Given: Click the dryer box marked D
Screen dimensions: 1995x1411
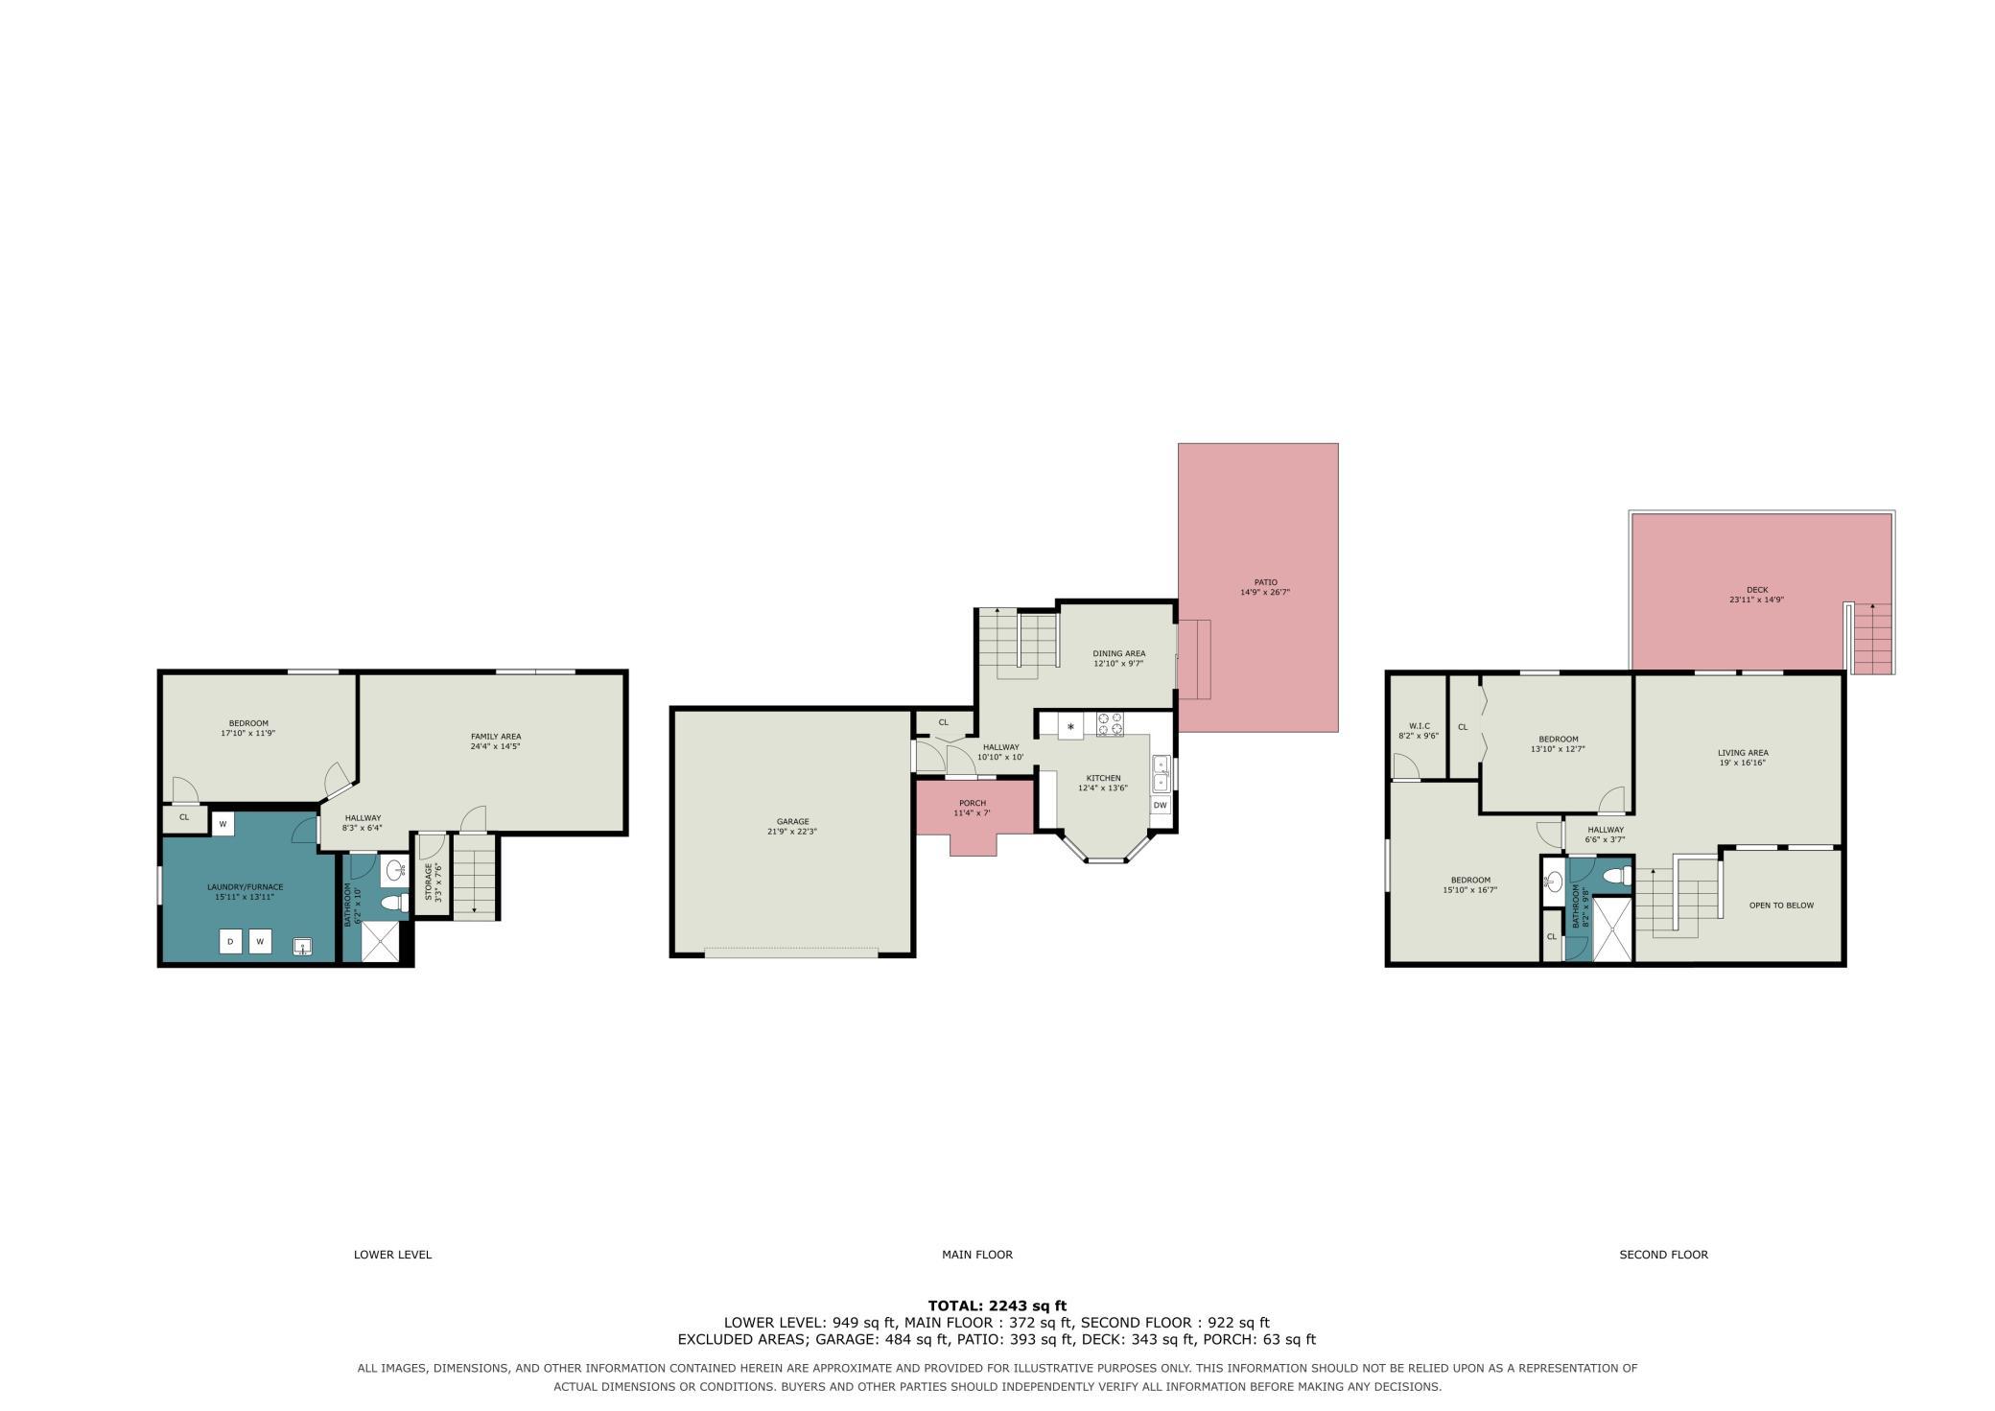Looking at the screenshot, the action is click(x=230, y=942).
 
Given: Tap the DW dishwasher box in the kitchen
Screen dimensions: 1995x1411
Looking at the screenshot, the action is click(x=1161, y=805).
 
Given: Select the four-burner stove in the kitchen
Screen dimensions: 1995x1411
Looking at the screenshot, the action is click(x=1110, y=724).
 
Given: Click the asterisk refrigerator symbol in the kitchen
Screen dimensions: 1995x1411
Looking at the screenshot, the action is click(x=1070, y=726).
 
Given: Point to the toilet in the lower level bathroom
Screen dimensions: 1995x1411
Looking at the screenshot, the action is click(x=392, y=903).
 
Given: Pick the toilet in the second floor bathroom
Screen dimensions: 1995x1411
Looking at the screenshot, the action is click(x=1616, y=876).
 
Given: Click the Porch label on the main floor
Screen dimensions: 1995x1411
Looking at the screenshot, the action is click(x=972, y=803).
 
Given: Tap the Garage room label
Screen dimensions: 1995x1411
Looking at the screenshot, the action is click(x=792, y=821).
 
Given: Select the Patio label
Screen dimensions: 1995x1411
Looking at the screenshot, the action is click(x=1265, y=582).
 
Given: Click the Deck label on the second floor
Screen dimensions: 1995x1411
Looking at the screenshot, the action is click(x=1757, y=590).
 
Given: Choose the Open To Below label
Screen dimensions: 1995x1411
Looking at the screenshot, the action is click(x=1781, y=905).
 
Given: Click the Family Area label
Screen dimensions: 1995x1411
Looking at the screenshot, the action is click(x=496, y=737).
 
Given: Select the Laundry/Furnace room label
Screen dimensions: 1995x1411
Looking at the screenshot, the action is click(x=246, y=887).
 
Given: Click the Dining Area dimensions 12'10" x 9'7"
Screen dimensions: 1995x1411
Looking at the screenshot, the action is click(x=1119, y=663).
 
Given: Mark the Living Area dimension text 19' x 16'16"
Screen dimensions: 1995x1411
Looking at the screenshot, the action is click(x=1743, y=763).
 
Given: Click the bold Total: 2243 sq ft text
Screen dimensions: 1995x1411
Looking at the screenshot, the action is click(x=997, y=1305).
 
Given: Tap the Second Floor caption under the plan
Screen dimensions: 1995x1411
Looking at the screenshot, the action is click(x=1663, y=1254).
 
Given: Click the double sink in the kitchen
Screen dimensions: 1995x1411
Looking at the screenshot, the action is click(x=1161, y=772).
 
